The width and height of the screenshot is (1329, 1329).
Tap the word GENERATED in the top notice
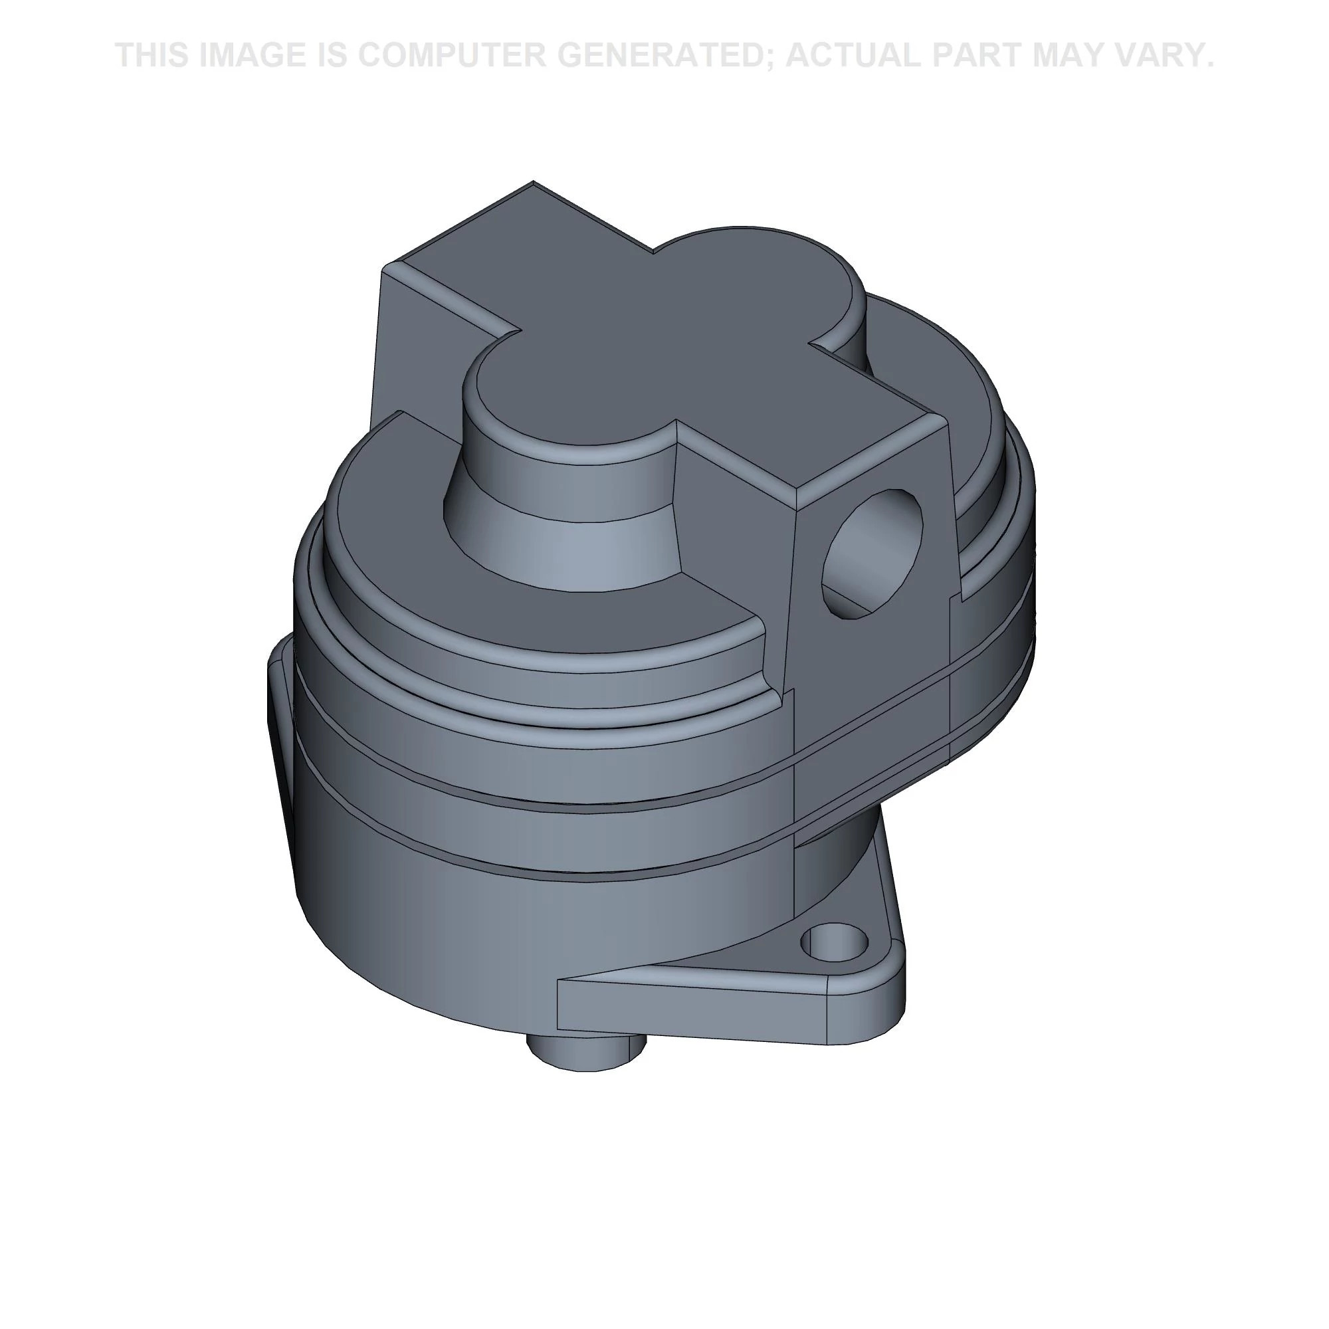661,56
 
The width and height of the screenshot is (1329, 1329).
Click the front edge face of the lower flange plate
688,1011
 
